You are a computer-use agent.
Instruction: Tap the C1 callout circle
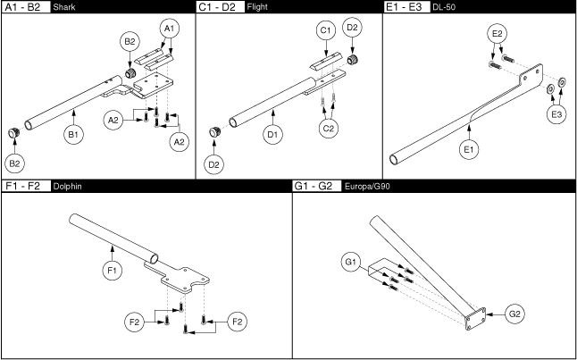pyautogui.click(x=325, y=32)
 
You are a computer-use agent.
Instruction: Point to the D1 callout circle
pyautogui.click(x=274, y=136)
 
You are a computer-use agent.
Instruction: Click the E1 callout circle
pyautogui.click(x=468, y=151)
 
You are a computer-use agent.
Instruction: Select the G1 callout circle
pyautogui.click(x=350, y=262)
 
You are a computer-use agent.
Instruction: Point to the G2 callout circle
pyautogui.click(x=515, y=314)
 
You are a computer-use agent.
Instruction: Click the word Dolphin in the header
pyautogui.click(x=69, y=186)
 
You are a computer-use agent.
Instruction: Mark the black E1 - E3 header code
pyautogui.click(x=405, y=6)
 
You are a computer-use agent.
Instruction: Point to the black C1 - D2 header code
pyautogui.click(x=217, y=6)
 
